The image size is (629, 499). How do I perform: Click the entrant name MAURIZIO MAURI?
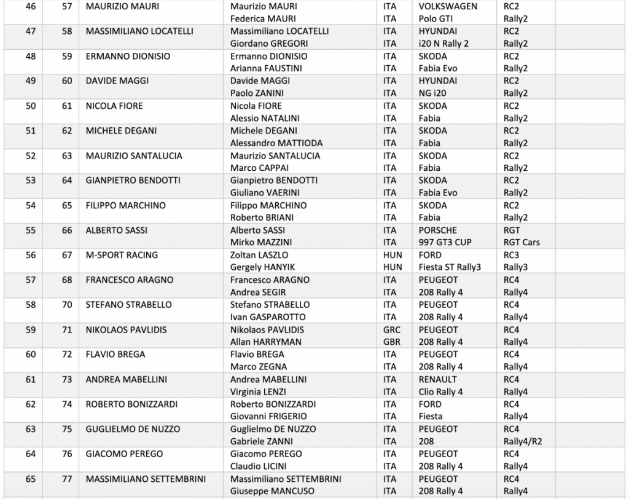(x=122, y=6)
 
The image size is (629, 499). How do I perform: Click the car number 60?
(x=67, y=81)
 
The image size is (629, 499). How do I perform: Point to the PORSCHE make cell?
(x=438, y=230)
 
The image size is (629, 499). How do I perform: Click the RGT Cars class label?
(x=522, y=242)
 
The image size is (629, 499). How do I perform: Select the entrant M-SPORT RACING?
(x=122, y=255)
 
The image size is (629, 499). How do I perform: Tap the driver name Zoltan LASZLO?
(x=259, y=255)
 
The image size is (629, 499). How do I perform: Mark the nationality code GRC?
(x=391, y=329)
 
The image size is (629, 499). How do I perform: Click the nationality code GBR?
(x=391, y=342)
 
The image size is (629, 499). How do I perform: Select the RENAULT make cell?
(x=438, y=379)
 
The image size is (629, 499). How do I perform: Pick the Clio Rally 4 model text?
(x=441, y=391)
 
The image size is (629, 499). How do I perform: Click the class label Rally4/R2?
(x=524, y=441)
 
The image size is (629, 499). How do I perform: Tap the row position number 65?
(x=31, y=479)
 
